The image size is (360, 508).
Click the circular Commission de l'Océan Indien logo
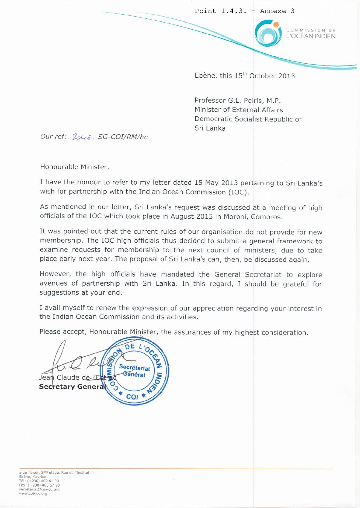coord(268,33)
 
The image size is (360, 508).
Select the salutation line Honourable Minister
coord(74,167)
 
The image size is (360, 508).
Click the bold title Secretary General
coord(72,387)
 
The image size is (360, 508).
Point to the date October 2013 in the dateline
coord(272,76)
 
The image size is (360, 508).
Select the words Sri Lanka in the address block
coord(210,128)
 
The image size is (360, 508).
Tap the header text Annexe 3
coord(277,11)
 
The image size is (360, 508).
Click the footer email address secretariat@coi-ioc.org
coord(39,489)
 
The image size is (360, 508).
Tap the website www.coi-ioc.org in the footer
coord(33,493)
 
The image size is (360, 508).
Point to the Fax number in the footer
coord(39,485)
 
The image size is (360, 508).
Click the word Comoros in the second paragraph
coord(267,217)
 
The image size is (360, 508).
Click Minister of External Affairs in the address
coord(239,110)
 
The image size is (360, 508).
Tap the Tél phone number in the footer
coord(39,481)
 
